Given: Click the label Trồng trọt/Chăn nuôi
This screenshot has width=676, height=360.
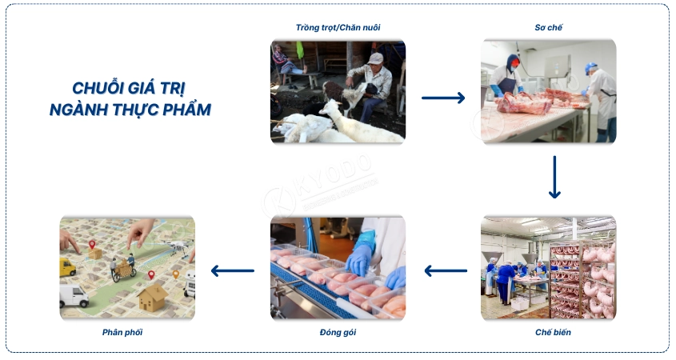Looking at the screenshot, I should point(337,28).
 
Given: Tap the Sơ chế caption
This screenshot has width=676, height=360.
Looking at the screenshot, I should point(548,28).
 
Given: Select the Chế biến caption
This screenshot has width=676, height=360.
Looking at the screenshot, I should point(553,331).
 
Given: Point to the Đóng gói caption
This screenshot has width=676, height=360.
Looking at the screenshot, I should point(337,331).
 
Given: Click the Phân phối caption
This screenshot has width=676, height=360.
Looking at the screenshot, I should point(122,331).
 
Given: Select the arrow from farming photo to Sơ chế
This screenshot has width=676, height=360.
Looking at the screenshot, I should point(443,98).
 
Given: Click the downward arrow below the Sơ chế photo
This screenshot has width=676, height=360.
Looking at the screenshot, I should point(554,177).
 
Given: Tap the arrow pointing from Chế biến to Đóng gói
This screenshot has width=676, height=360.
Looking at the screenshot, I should point(445,270).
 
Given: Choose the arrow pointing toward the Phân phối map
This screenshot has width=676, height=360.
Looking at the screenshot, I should point(232,270).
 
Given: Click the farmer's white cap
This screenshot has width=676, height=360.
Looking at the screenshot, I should point(375,58).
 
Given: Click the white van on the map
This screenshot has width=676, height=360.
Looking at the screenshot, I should point(74,296).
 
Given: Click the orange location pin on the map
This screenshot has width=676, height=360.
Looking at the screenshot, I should point(176,274).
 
